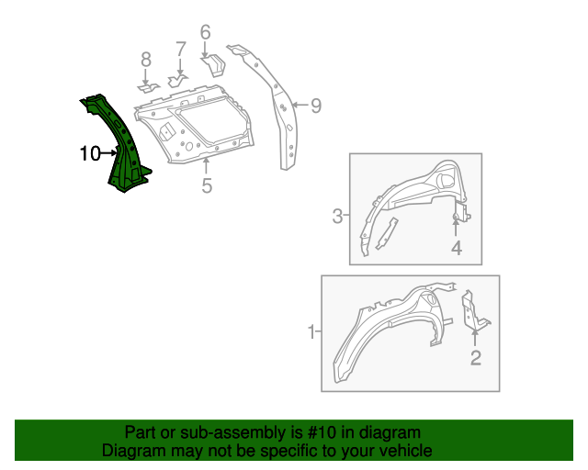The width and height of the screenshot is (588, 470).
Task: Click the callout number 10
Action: [x=89, y=154]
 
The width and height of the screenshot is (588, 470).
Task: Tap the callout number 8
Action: [x=145, y=61]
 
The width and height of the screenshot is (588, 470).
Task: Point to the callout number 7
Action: [x=180, y=49]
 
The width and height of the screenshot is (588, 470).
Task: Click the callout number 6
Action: [x=205, y=33]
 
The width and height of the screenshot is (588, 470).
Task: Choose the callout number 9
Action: [x=315, y=106]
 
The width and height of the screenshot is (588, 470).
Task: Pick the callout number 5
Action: [x=207, y=186]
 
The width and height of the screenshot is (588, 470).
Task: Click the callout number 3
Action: [x=337, y=217]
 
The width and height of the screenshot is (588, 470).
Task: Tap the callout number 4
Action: [x=456, y=248]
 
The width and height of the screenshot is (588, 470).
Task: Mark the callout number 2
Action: [x=475, y=358]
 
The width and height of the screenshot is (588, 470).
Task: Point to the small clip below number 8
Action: [x=147, y=88]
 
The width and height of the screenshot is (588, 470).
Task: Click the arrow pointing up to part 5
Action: [x=207, y=166]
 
